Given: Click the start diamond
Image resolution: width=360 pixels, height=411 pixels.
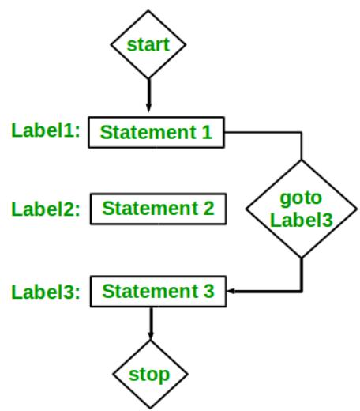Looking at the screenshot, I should (x=148, y=44).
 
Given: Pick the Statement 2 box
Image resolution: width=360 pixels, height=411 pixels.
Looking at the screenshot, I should (x=159, y=209).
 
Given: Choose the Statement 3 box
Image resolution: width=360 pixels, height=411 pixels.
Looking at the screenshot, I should (x=159, y=290).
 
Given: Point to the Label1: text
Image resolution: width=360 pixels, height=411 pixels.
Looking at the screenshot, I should (x=46, y=130).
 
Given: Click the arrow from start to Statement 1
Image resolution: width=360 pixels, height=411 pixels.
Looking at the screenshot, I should (x=148, y=95).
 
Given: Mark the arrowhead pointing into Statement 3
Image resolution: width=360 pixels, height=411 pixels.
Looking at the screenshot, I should (x=232, y=291).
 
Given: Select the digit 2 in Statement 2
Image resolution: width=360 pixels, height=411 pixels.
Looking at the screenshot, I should (x=208, y=209).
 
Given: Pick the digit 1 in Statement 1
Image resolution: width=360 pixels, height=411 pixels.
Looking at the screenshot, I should (x=207, y=132).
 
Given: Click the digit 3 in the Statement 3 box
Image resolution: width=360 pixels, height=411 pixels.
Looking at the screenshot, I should (x=208, y=290).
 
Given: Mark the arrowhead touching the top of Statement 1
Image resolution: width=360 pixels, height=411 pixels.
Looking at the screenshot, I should (x=148, y=111).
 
